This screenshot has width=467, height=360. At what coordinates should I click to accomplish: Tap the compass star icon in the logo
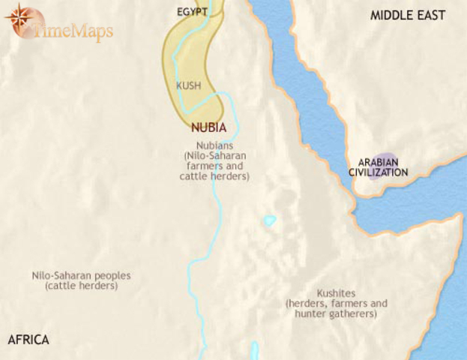point(25,22)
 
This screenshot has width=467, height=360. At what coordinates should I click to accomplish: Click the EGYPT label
point(193,12)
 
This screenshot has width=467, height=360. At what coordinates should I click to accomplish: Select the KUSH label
point(188,85)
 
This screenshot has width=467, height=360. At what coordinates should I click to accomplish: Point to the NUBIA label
point(209,127)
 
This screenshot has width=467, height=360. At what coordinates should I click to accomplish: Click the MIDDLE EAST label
point(408,15)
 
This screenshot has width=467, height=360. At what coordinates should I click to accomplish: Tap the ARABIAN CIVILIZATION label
point(378,167)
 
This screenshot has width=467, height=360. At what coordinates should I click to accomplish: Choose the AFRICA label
point(28,340)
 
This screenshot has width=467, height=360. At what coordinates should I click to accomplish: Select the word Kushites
point(336,293)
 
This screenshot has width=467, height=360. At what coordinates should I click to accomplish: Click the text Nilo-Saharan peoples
point(81,276)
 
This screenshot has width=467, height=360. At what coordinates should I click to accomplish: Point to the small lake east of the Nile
point(270,221)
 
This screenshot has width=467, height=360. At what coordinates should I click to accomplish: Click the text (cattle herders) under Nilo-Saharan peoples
point(81,286)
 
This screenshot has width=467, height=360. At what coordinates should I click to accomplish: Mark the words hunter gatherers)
point(336,314)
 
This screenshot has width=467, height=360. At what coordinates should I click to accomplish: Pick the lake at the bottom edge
point(255,351)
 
